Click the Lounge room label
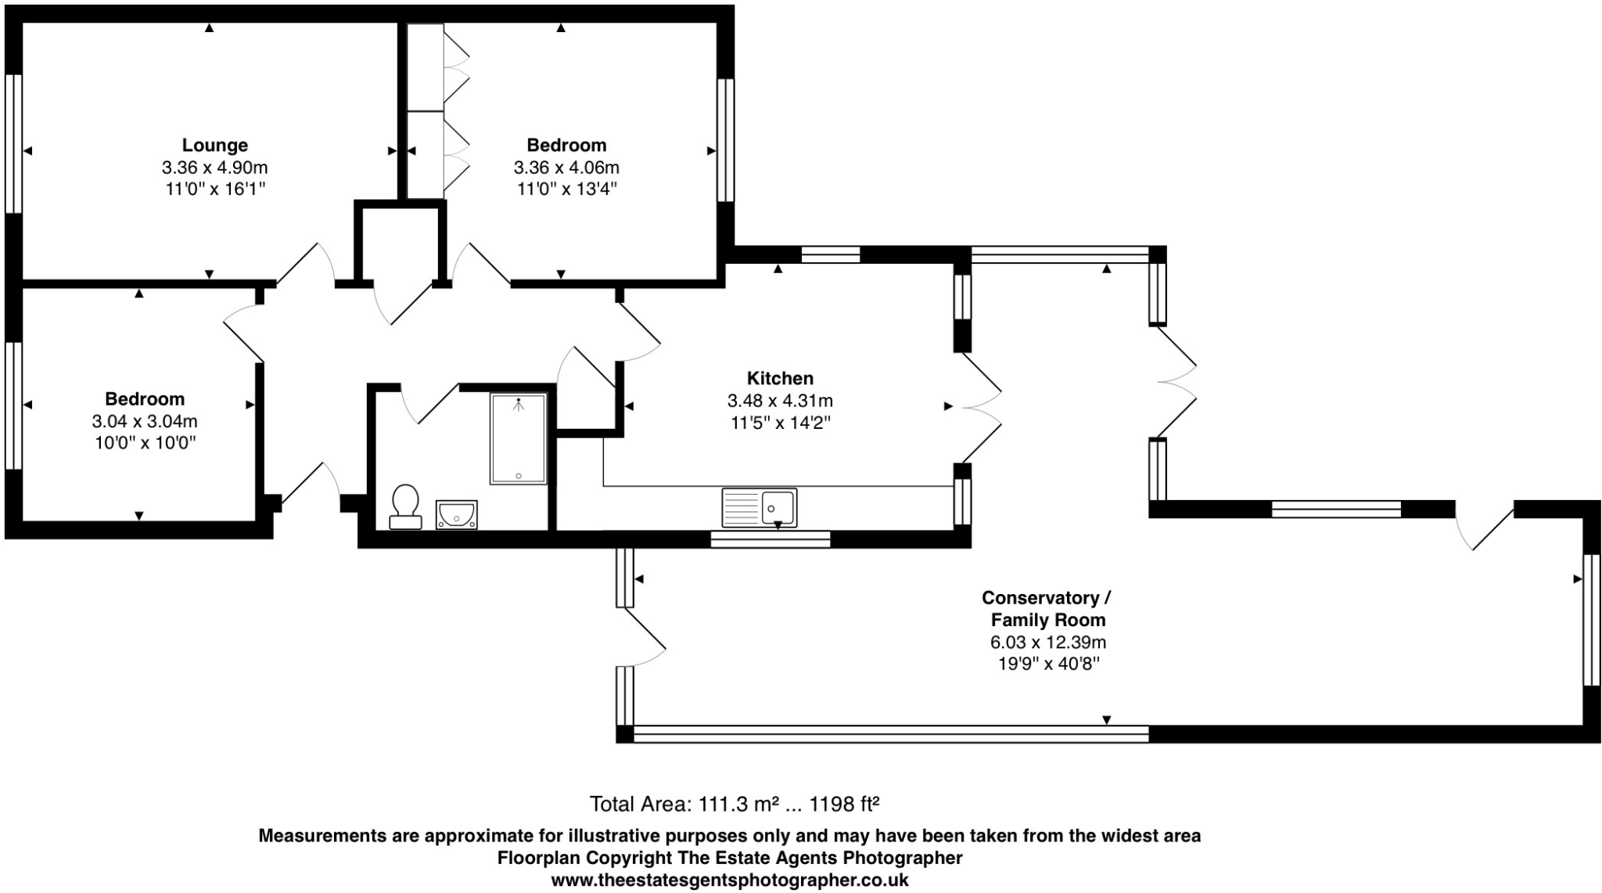tap(215, 146)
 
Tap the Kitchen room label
tap(780, 379)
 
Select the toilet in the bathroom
tap(405, 506)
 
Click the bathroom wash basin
tap(456, 515)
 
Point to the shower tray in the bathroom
tap(519, 438)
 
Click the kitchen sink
tap(759, 507)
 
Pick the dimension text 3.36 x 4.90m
tap(215, 167)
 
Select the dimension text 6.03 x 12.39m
tap(1048, 643)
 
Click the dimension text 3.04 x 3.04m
tap(145, 421)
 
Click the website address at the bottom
tap(730, 880)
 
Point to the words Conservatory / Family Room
tap(1047, 609)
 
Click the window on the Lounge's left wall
tap(13, 143)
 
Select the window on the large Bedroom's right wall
tap(726, 140)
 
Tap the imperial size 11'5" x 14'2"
tap(780, 423)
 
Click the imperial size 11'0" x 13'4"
tap(567, 189)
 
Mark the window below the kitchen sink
tap(770, 538)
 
